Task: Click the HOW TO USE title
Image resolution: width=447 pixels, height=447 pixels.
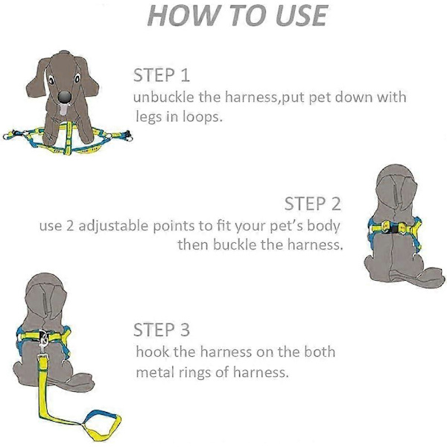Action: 238,16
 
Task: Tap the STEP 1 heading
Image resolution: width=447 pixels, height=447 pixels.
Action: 162,75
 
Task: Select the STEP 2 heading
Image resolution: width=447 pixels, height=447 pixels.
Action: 312,203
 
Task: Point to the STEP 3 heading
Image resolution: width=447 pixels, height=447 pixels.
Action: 162,329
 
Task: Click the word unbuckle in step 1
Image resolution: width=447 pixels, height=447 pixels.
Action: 163,97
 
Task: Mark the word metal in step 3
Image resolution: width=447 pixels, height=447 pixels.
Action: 154,372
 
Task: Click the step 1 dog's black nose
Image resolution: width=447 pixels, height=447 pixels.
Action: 64,97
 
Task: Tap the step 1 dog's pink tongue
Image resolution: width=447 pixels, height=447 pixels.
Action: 63,110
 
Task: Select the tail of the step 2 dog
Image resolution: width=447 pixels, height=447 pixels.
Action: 416,278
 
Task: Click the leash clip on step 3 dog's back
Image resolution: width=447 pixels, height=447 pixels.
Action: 43,341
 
